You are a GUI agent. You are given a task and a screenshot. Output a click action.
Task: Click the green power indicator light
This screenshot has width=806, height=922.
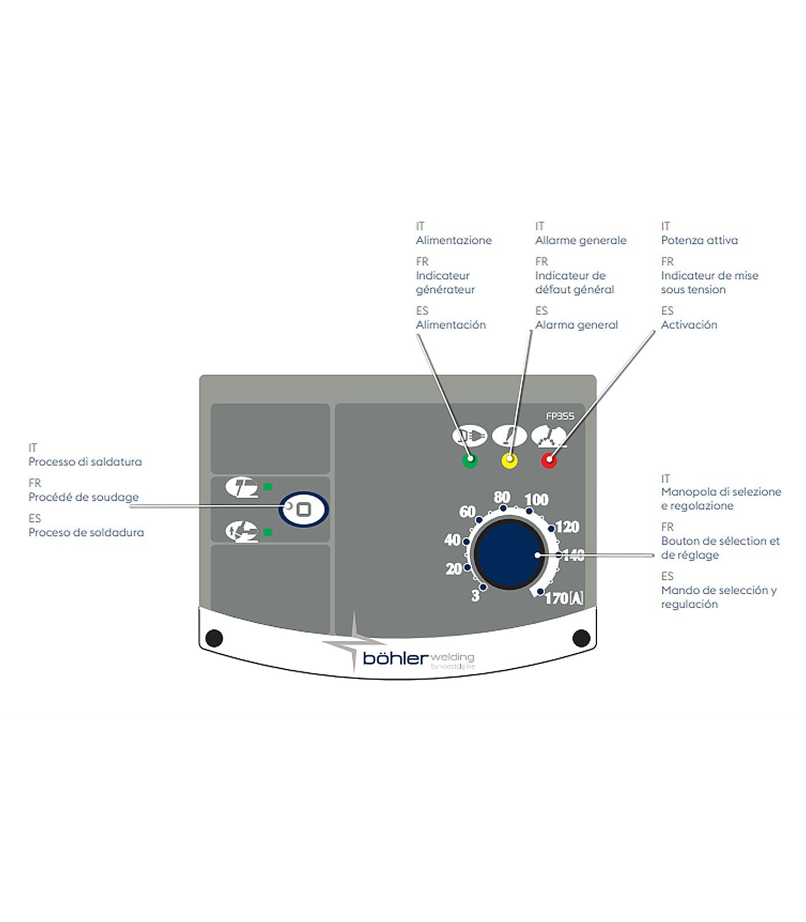pos(470,460)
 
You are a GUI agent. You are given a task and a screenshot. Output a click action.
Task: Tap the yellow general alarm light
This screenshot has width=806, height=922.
pos(510,460)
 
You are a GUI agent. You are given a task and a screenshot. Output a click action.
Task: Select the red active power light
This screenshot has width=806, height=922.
pos(549,460)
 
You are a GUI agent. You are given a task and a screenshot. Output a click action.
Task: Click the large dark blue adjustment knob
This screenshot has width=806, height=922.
pos(509,555)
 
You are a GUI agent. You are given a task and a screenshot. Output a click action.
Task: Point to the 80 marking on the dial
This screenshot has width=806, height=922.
pos(502,497)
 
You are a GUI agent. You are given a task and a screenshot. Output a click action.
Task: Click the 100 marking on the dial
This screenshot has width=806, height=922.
pos(537,500)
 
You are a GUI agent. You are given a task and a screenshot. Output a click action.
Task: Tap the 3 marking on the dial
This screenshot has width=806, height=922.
pos(476,596)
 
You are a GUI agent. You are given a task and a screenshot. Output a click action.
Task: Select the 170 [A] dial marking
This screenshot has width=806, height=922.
pos(564,599)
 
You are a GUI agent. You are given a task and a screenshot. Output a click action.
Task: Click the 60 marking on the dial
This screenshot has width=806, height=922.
pos(467,512)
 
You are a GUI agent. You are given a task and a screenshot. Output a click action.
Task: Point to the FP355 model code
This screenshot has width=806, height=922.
pos(560,416)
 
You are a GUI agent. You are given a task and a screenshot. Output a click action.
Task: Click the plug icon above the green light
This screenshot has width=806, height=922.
pos(469,436)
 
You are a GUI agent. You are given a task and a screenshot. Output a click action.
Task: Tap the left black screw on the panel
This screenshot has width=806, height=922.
pos(214,638)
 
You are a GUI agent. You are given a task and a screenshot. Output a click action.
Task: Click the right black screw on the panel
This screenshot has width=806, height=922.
pos(581,638)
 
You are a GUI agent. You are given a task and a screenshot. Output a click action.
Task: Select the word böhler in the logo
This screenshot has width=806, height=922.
pos(396,658)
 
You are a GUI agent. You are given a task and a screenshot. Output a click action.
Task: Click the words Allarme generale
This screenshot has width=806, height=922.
pos(580,240)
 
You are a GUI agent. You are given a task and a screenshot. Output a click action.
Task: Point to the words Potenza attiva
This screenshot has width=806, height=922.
pos(699,240)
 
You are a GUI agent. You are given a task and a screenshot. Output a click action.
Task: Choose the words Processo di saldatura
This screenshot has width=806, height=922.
pos(85,462)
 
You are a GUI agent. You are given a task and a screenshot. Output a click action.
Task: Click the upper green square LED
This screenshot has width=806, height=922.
pos(268,487)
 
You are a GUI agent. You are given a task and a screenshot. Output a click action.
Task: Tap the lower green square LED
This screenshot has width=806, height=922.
pos(268,532)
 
